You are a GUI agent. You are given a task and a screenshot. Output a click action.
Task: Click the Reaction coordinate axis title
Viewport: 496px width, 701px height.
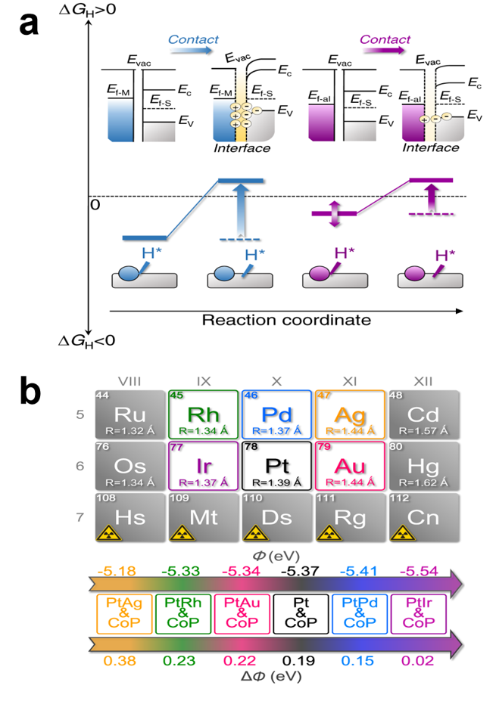coord(285,319)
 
